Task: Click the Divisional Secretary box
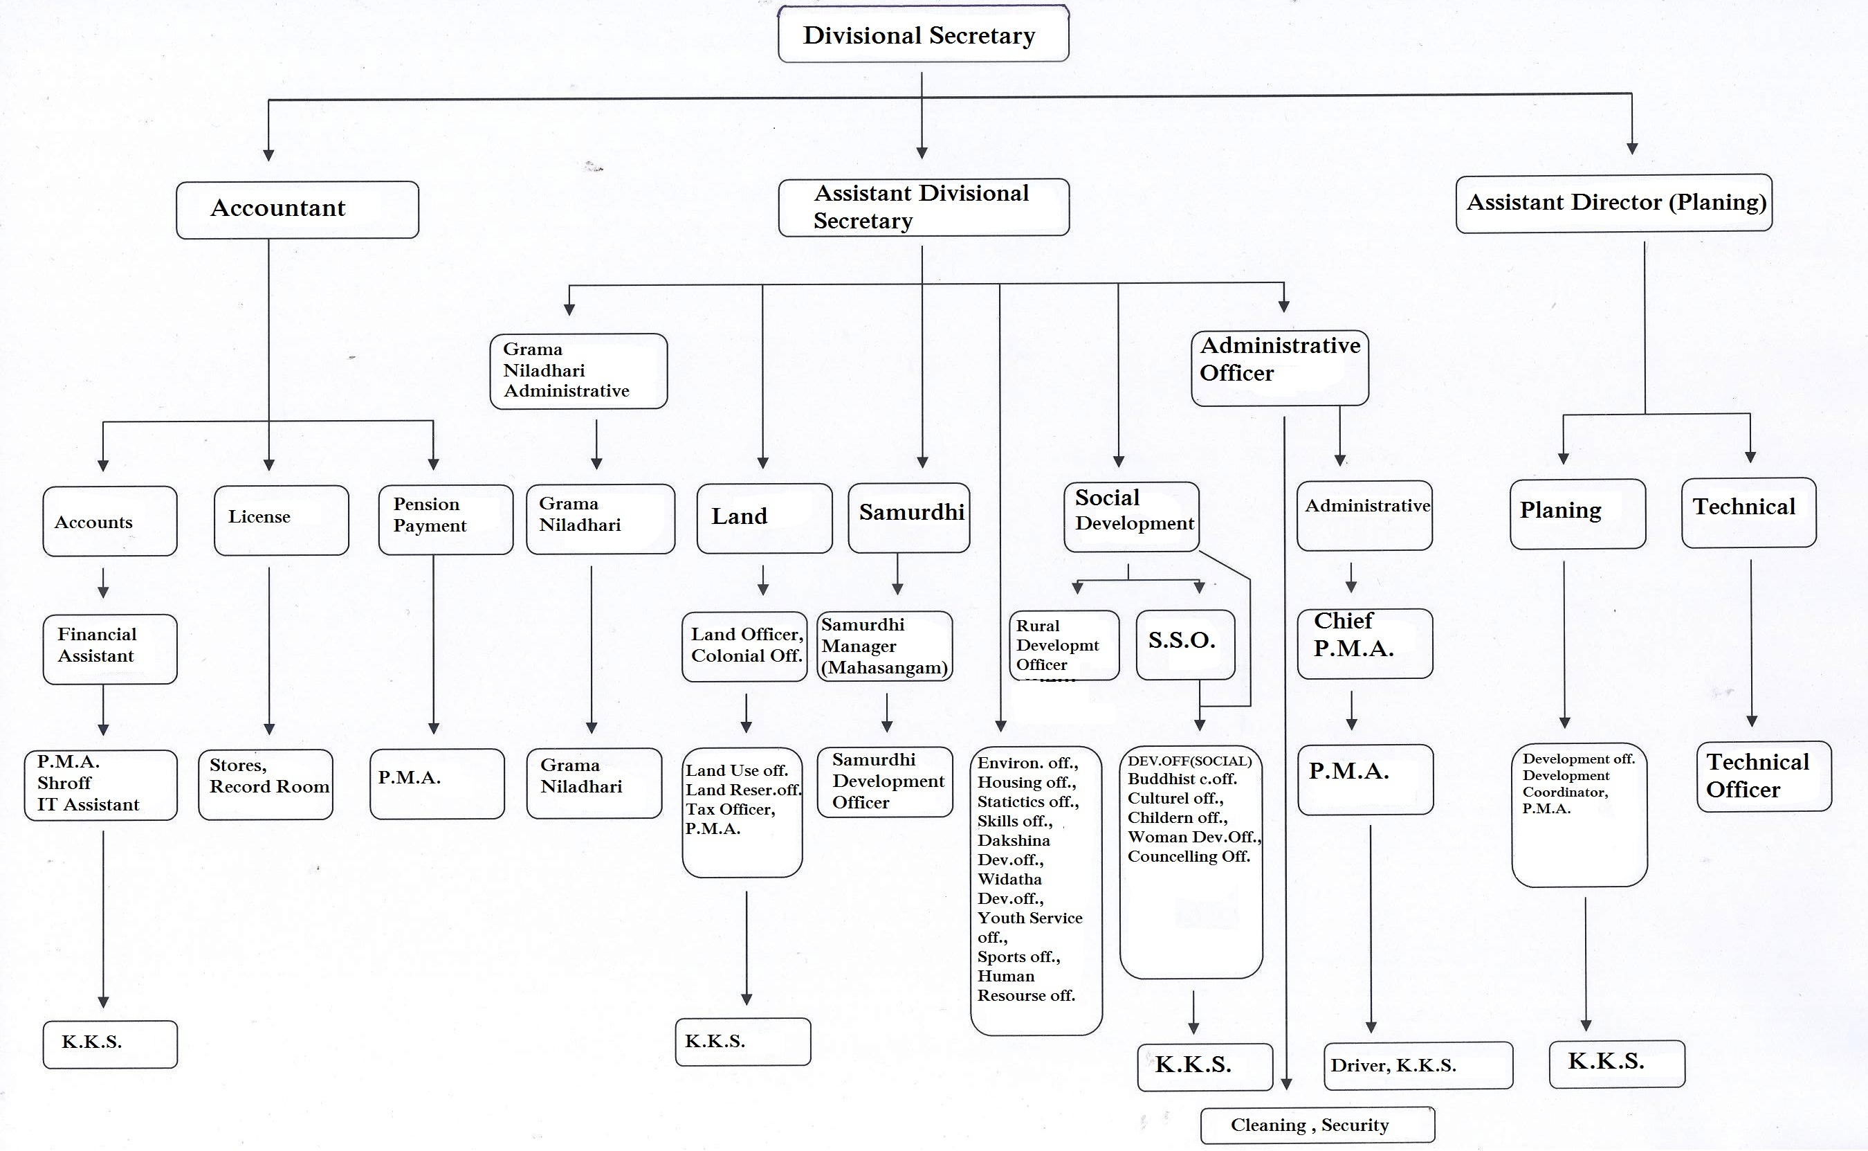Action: click(x=923, y=33)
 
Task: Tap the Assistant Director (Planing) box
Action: click(x=1614, y=203)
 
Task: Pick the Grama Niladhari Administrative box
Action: click(x=579, y=371)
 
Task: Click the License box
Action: click(x=282, y=520)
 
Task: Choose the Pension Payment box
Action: click(x=446, y=519)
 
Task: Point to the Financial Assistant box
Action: click(x=110, y=649)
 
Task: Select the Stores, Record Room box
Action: click(x=266, y=784)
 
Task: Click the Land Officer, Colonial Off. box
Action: click(x=744, y=646)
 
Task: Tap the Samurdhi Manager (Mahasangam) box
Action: click(x=885, y=646)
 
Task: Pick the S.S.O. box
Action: click(x=1185, y=644)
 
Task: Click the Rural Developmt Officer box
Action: click(x=1064, y=645)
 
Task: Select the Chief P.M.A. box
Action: click(x=1365, y=643)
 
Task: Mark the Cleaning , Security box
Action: click(x=1318, y=1125)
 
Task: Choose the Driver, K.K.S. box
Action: click(x=1418, y=1065)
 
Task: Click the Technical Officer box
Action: click(x=1764, y=777)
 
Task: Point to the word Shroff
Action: click(x=64, y=783)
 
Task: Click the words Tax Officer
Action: click(x=730, y=809)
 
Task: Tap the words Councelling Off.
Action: click(x=1189, y=856)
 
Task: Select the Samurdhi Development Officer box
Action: click(x=885, y=782)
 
